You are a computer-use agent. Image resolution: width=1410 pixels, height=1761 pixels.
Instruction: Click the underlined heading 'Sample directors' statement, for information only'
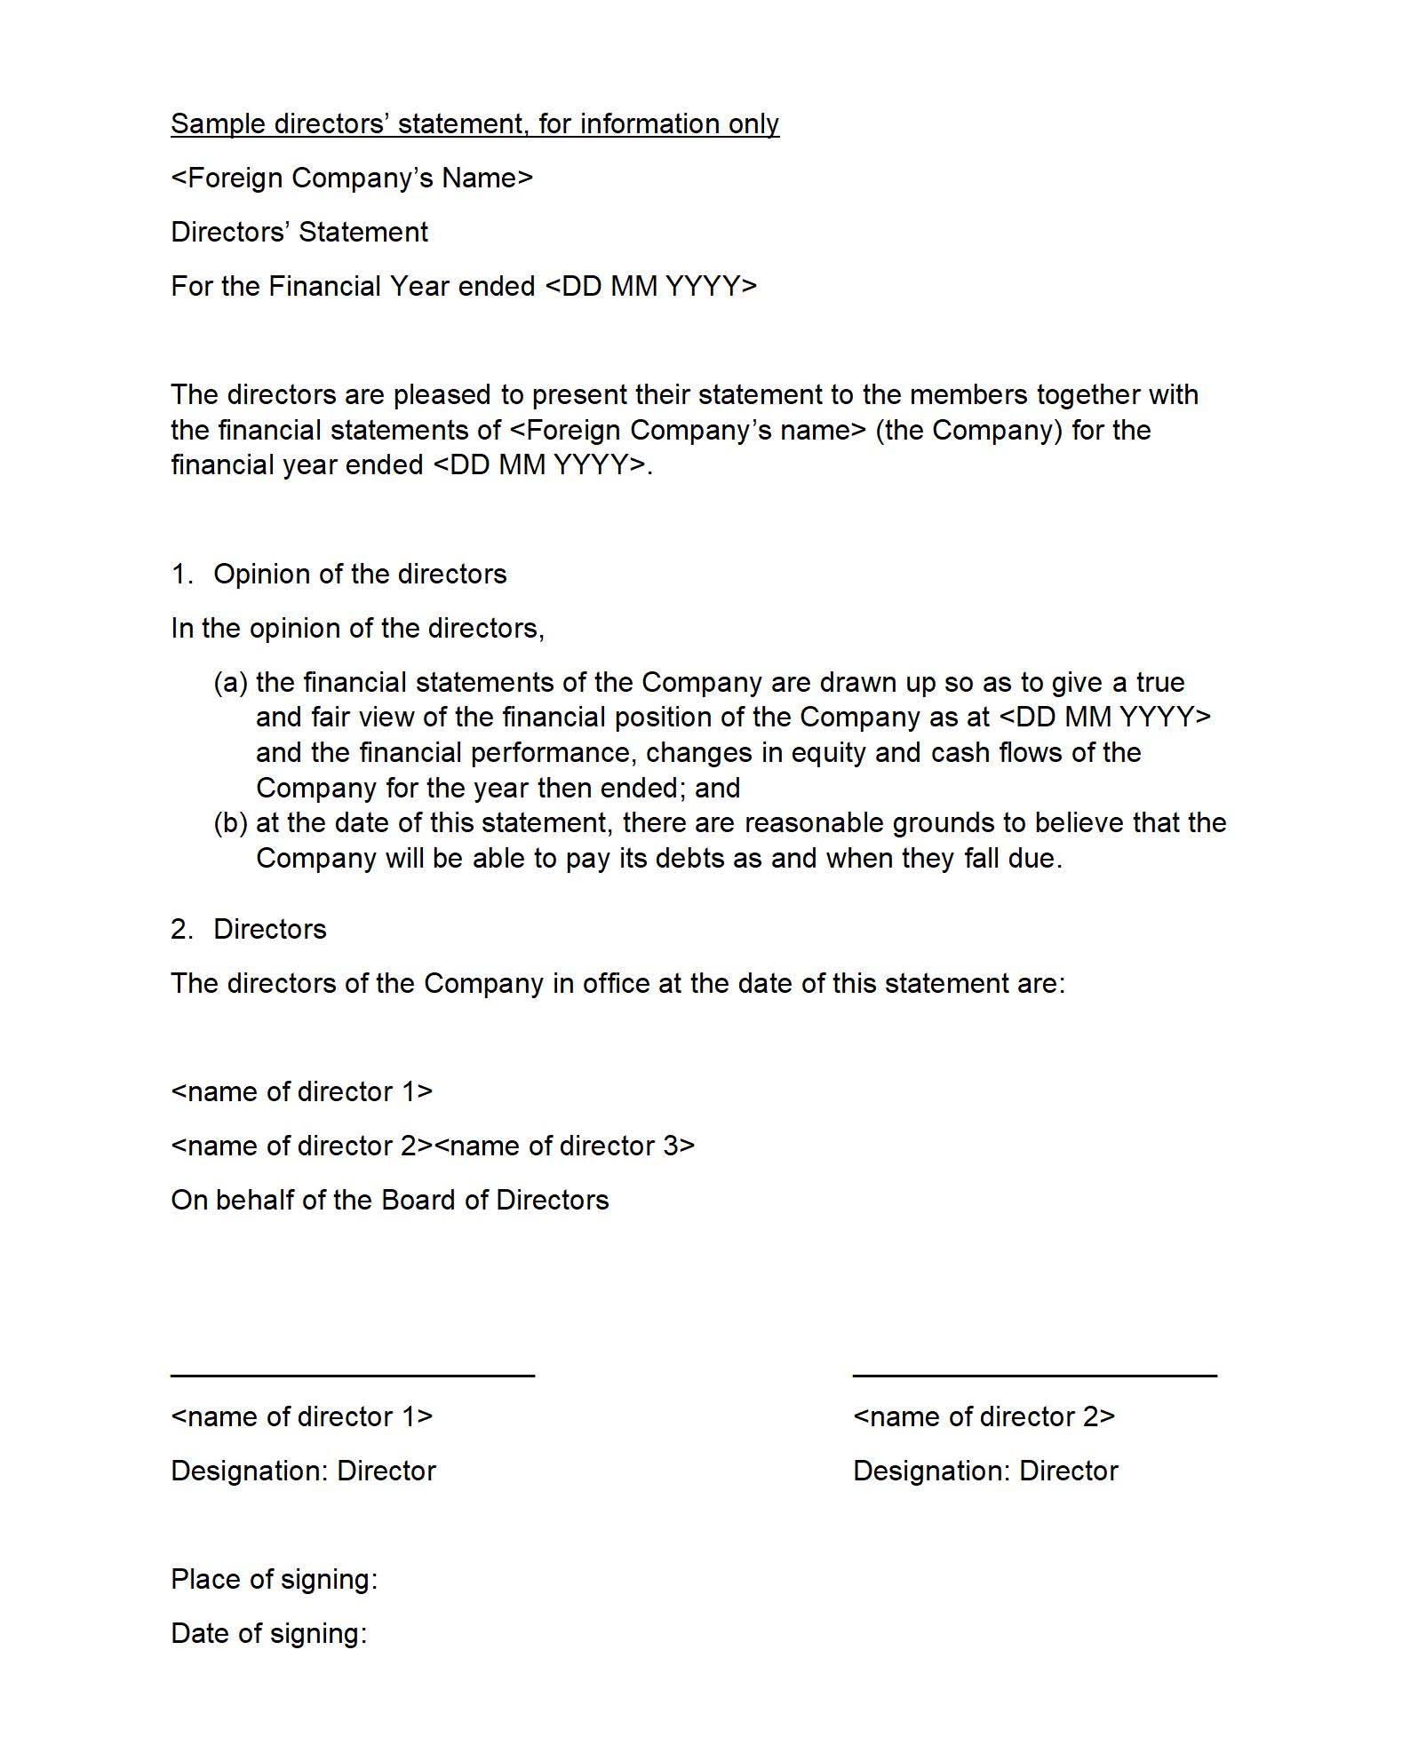474,123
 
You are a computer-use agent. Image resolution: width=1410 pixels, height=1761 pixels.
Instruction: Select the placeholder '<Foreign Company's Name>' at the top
352,178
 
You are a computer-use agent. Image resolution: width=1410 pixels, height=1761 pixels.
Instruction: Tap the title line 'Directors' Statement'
299,232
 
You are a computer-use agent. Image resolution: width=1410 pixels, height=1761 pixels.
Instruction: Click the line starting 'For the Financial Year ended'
464,286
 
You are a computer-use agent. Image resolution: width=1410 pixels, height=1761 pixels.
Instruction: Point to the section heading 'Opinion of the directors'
360,574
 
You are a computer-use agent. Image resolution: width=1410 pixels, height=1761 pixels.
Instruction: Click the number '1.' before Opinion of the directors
181,574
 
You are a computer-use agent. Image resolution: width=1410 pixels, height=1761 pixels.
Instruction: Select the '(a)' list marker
230,682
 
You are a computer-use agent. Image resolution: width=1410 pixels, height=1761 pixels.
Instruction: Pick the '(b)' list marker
230,822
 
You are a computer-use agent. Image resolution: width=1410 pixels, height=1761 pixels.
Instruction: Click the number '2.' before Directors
181,929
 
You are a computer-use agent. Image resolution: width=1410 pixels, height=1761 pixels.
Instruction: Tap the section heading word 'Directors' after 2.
270,929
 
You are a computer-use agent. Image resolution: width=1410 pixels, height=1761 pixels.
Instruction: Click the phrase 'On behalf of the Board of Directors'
390,1200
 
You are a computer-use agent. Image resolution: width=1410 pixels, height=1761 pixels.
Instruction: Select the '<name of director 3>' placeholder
564,1146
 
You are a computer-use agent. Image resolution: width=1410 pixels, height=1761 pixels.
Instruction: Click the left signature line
353,1375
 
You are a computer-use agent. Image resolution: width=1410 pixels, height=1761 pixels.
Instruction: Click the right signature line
1034,1375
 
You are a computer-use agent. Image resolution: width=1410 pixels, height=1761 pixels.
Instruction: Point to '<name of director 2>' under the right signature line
984,1416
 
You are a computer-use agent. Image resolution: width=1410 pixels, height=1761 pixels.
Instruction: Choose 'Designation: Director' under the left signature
304,1471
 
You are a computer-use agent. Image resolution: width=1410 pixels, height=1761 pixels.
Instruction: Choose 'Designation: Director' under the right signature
985,1471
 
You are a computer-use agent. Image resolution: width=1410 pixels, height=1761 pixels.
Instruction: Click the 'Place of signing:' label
275,1579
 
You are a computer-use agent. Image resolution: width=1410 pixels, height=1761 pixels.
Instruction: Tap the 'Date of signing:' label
269,1633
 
